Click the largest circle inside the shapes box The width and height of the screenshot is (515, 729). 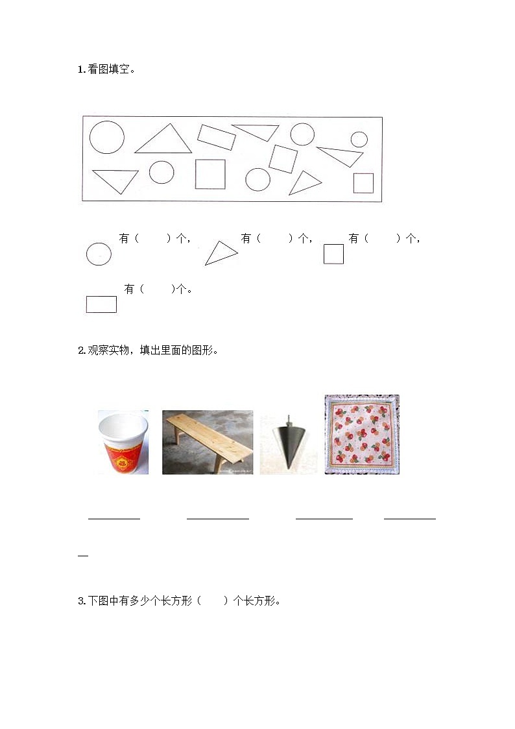click(x=106, y=137)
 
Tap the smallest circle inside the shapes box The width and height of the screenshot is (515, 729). click(x=359, y=139)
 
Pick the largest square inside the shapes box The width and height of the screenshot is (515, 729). click(x=210, y=174)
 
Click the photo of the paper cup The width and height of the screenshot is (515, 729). click(x=123, y=442)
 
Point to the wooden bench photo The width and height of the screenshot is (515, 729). click(x=208, y=442)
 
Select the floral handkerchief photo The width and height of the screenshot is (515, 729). click(x=362, y=434)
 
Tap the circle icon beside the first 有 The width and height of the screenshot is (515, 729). click(x=99, y=254)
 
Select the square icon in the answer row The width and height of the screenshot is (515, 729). click(x=333, y=254)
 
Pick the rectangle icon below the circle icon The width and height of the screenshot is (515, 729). click(x=101, y=304)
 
